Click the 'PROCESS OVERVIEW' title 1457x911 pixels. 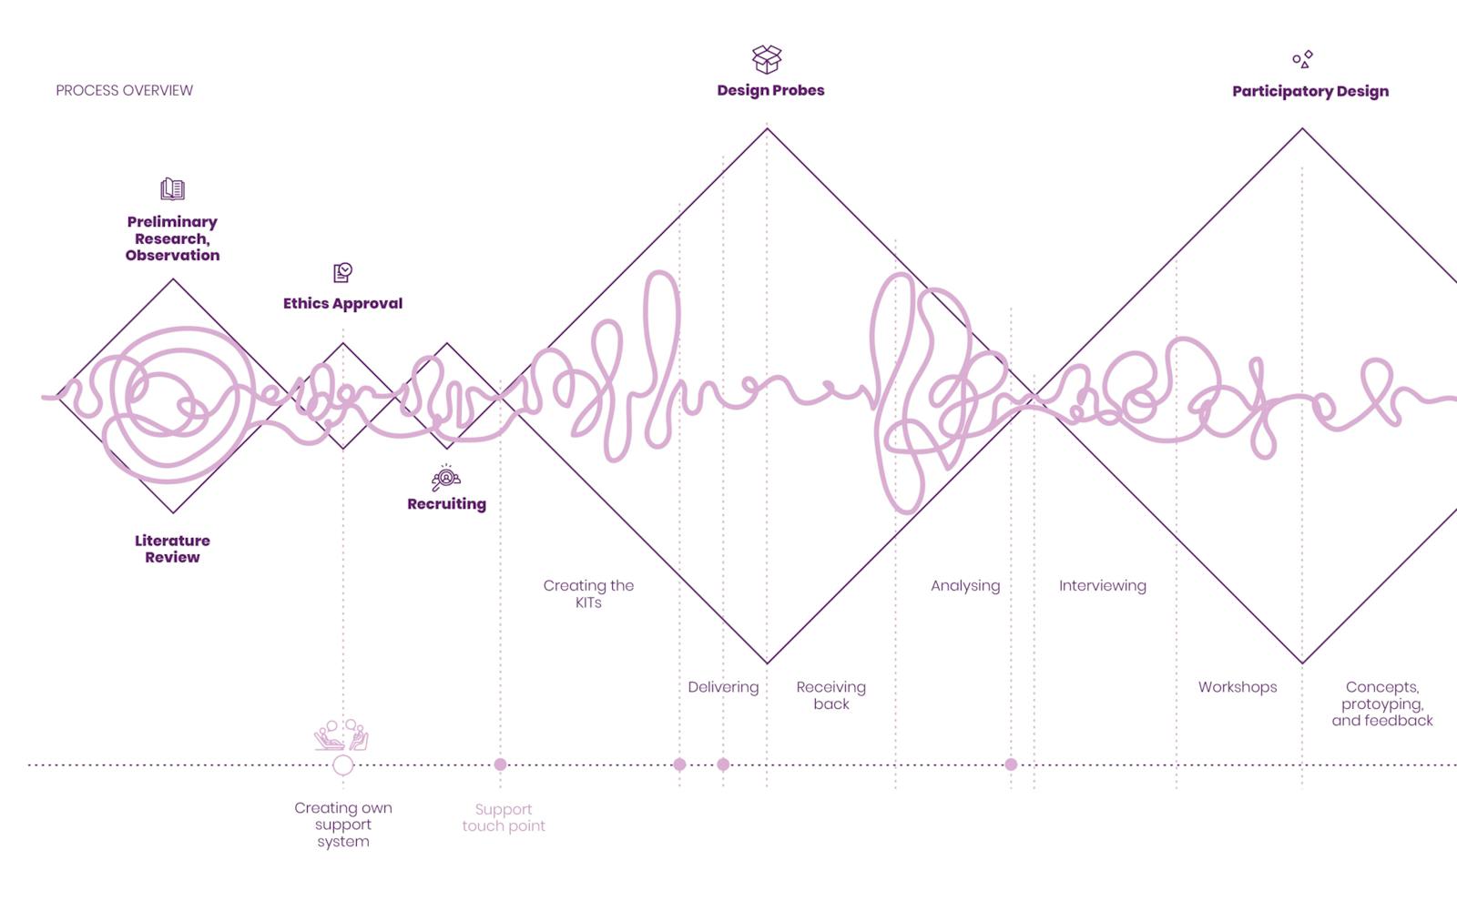click(124, 90)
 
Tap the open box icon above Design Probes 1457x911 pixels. click(767, 59)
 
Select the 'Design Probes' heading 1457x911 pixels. click(770, 90)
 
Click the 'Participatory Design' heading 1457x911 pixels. click(1310, 92)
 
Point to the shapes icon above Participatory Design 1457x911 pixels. click(1303, 59)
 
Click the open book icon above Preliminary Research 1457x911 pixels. click(172, 189)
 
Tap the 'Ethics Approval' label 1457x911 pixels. click(342, 304)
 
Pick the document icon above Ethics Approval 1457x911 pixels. click(342, 272)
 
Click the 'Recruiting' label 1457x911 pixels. click(447, 504)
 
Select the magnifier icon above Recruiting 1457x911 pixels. click(446, 478)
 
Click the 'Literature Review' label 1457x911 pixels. click(172, 549)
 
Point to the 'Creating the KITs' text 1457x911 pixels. click(588, 593)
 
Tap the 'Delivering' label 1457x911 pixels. click(723, 687)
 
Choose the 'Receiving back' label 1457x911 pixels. click(831, 695)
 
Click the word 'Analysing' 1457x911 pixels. click(965, 586)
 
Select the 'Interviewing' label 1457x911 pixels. click(1103, 586)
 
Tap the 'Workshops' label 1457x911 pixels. click(1238, 687)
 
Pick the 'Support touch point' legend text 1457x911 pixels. click(504, 817)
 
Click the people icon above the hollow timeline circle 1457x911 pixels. click(341, 734)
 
